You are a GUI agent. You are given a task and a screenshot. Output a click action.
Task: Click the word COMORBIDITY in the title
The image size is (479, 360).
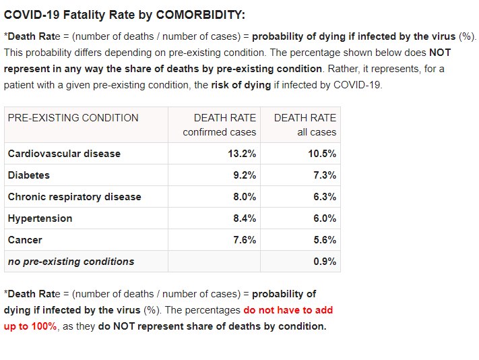(202, 15)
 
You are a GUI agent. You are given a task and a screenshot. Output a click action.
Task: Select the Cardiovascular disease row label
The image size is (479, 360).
(64, 154)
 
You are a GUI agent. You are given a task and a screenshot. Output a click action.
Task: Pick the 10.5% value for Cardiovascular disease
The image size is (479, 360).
(322, 154)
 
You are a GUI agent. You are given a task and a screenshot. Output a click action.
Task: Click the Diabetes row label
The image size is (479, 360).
(29, 175)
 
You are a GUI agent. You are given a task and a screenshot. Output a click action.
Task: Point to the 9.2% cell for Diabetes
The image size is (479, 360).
(245, 175)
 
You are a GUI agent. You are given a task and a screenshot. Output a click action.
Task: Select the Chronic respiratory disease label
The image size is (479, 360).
(74, 197)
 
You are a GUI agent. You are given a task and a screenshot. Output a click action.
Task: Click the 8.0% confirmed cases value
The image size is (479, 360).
(245, 197)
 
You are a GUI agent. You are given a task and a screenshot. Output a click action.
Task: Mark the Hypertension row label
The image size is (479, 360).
(40, 218)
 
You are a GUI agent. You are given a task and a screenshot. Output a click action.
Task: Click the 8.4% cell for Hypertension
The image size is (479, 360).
(245, 218)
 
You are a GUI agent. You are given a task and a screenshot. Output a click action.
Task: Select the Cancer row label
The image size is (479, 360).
(25, 240)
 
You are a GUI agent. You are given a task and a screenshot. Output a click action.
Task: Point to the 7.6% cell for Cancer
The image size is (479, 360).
(245, 240)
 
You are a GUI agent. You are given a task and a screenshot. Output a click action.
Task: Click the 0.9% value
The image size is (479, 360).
(325, 262)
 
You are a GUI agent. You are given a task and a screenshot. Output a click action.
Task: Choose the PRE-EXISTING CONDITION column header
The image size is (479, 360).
(73, 118)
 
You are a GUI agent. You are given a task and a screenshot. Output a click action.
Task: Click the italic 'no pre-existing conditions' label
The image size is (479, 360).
(71, 262)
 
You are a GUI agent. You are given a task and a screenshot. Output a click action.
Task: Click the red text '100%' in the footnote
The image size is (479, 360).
(42, 326)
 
